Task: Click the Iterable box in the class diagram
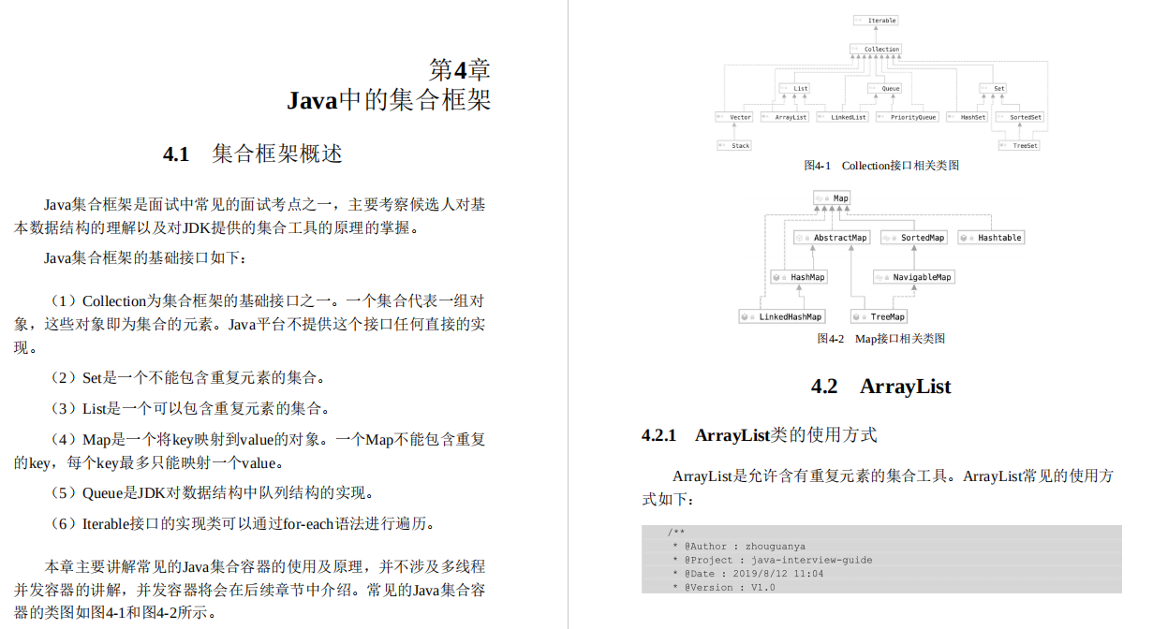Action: (876, 20)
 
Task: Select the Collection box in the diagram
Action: (876, 49)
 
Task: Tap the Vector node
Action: (735, 117)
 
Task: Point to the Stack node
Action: (735, 145)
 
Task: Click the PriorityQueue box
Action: (908, 117)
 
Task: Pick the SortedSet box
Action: (1020, 117)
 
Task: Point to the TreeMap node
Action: (880, 316)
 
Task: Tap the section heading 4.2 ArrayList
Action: (880, 387)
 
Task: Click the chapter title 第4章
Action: (459, 69)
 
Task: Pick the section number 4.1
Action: (176, 154)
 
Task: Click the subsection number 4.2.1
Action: (658, 435)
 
